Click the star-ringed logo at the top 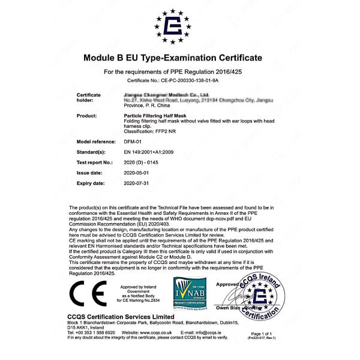click(x=173, y=27)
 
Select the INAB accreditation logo click(x=190, y=293)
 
